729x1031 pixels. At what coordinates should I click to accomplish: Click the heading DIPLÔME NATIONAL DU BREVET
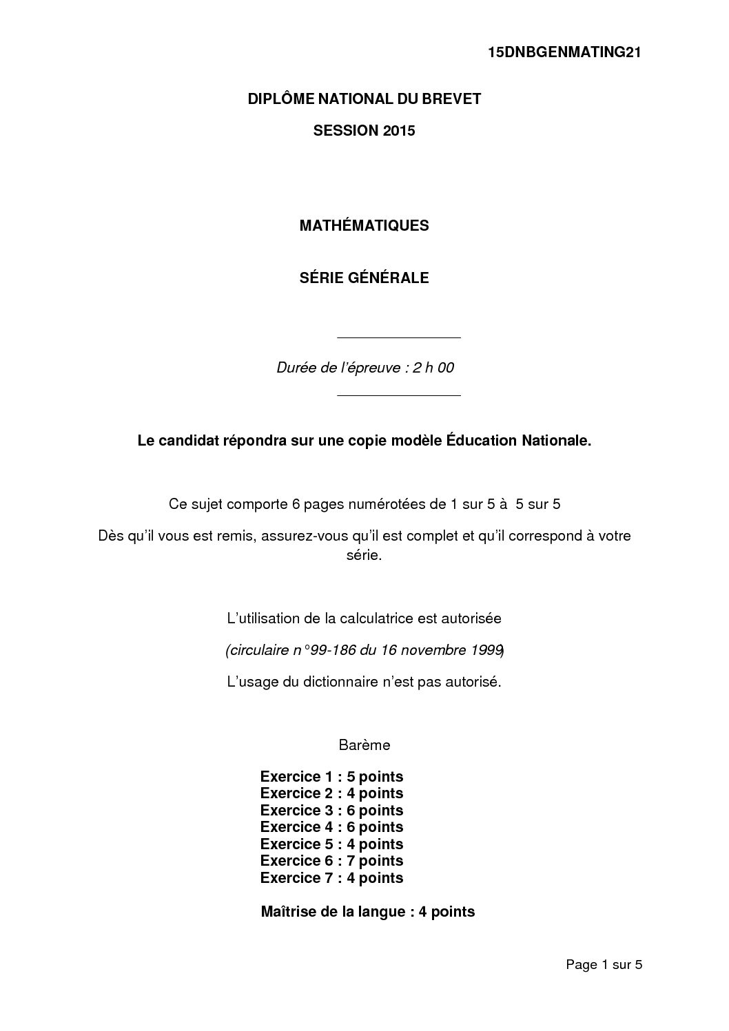click(x=364, y=99)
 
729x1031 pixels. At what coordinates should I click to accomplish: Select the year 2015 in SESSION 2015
click(x=400, y=131)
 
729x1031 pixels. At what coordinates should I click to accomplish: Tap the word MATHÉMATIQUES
click(x=364, y=225)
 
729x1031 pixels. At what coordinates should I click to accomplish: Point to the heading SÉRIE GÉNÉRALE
click(x=364, y=278)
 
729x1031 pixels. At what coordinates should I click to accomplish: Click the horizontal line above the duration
click(x=398, y=338)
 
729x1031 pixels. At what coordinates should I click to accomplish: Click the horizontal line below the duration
click(x=398, y=396)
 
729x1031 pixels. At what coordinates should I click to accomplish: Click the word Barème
click(x=364, y=745)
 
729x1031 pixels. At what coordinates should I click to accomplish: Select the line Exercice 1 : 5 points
click(x=331, y=777)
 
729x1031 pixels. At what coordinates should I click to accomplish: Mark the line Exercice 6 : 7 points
click(x=331, y=861)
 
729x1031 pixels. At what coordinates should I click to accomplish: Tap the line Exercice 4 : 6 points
click(x=331, y=827)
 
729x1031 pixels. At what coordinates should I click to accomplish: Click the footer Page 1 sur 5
click(x=604, y=965)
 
